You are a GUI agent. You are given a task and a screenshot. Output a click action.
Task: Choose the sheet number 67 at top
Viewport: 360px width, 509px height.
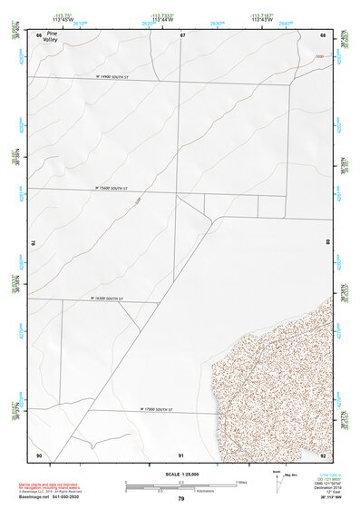click(182, 34)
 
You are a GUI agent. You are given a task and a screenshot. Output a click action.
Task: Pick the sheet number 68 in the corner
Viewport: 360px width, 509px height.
click(324, 34)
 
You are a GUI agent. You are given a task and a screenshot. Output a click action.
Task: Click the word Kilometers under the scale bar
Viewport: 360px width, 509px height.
click(189, 494)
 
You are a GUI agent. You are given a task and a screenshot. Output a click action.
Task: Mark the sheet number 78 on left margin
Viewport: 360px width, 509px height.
click(34, 243)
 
